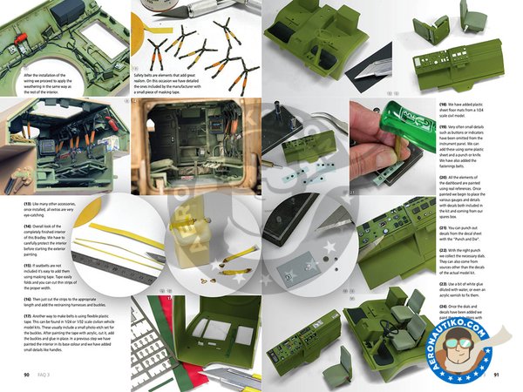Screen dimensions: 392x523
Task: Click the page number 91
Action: coord(496,375)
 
